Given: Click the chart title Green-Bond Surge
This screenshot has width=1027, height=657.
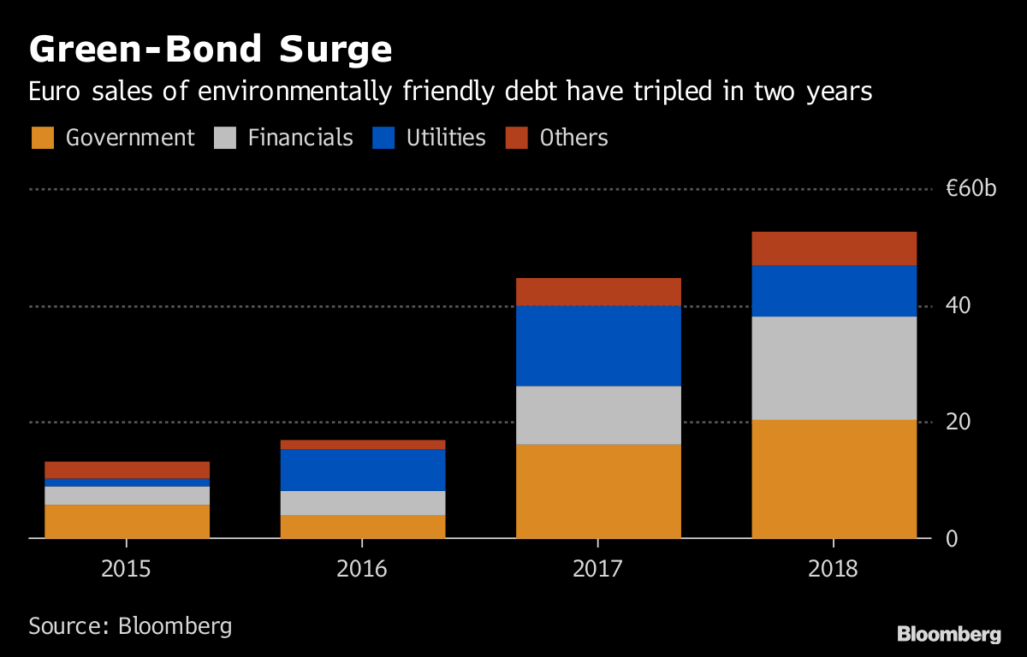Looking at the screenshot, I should (x=211, y=50).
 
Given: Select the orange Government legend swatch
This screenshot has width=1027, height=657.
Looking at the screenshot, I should (x=43, y=138).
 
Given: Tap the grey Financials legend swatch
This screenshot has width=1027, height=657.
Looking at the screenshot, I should (x=225, y=138).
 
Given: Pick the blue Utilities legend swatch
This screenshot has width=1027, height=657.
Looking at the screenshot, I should (x=385, y=138).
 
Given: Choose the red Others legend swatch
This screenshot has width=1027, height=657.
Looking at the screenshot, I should (x=517, y=138).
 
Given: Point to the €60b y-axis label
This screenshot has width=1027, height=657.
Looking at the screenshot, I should (x=971, y=189).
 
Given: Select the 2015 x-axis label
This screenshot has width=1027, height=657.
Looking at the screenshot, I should (x=127, y=568).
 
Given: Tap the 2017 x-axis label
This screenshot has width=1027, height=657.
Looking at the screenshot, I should (x=598, y=568).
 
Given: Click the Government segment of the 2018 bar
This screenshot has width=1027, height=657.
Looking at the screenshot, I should (x=834, y=479).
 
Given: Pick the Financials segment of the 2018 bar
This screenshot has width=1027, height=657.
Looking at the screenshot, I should (x=834, y=368).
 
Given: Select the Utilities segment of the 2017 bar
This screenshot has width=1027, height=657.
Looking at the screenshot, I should (x=598, y=346).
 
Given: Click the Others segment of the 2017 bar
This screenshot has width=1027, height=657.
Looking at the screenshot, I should (x=598, y=292).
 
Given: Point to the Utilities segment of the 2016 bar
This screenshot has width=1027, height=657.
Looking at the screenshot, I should (x=363, y=470).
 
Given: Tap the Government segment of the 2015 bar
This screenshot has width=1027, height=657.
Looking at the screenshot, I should (x=127, y=521).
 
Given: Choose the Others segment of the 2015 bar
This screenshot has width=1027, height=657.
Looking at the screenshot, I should (x=127, y=470).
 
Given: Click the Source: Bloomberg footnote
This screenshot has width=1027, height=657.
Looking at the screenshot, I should (x=130, y=625).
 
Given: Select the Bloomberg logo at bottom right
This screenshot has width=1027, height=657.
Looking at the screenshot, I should (x=948, y=634).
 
